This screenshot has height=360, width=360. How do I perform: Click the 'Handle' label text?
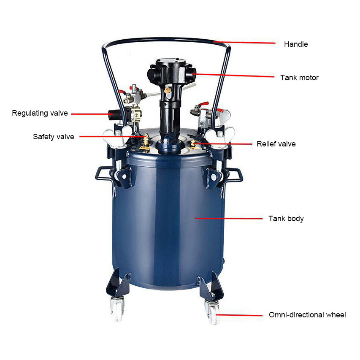click(296, 44)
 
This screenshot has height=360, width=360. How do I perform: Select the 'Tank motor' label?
click(299, 78)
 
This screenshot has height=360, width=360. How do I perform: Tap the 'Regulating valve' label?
click(40, 113)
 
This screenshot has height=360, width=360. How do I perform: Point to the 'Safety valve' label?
click(54, 137)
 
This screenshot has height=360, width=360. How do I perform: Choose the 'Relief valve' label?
click(276, 144)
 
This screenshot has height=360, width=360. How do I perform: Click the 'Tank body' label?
click(286, 219)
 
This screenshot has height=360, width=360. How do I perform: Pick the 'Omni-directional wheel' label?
click(307, 315)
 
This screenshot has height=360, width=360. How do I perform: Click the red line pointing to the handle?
click(244, 43)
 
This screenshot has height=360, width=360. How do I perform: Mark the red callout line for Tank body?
click(228, 218)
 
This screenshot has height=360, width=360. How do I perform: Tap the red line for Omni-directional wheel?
click(239, 315)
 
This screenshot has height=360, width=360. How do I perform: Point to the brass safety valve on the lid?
click(145, 140)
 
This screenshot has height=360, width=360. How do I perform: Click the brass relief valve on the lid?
click(193, 143)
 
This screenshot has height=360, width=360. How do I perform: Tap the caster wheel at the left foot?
click(117, 309)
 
